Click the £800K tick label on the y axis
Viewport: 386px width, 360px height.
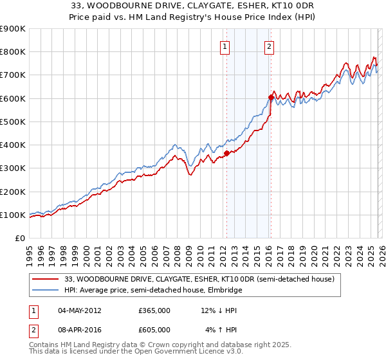(13, 52)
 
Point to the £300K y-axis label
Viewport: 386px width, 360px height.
(13, 168)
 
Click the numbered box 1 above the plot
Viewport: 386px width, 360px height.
(225, 46)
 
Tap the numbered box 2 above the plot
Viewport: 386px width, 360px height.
(268, 46)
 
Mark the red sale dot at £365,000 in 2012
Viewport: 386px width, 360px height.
(226, 153)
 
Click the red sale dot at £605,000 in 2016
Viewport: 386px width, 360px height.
(271, 97)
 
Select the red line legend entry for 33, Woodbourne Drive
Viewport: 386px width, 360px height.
(199, 280)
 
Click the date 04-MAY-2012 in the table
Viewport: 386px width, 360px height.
(79, 310)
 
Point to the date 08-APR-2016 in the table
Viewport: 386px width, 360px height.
(79, 330)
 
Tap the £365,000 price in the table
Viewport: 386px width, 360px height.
(154, 310)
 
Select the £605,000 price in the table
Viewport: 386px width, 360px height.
(154, 330)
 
